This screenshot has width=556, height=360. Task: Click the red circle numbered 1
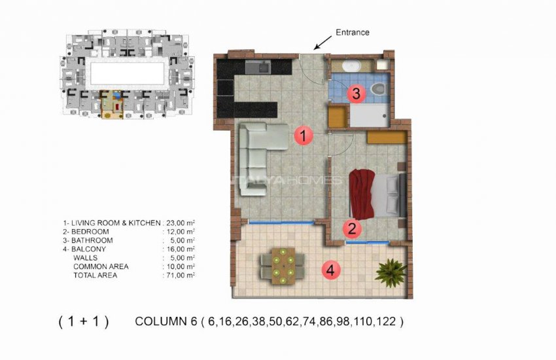[302, 135]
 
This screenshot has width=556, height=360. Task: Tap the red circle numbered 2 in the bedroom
[351, 228]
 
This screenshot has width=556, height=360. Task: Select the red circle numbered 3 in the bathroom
[355, 94]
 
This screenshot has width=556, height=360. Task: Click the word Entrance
[353, 32]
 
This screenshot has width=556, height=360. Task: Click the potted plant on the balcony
[391, 271]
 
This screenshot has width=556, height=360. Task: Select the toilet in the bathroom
[377, 90]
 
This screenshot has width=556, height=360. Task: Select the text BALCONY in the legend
[89, 249]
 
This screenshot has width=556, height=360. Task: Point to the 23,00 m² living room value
[179, 223]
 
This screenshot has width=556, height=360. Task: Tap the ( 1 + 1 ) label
[83, 321]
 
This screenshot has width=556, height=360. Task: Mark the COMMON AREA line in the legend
[101, 267]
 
